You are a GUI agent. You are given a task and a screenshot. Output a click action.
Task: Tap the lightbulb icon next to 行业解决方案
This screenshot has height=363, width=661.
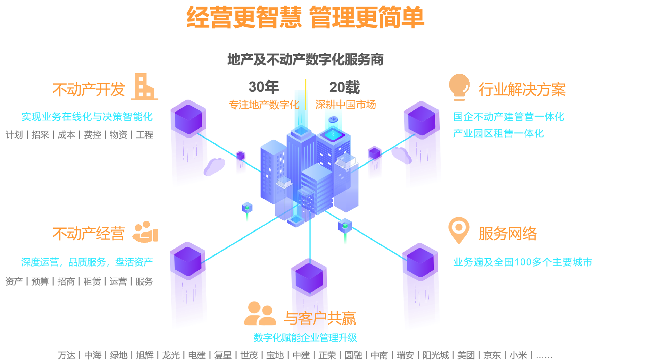click(459, 87)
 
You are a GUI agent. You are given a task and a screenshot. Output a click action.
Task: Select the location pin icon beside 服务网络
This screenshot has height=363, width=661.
click(459, 230)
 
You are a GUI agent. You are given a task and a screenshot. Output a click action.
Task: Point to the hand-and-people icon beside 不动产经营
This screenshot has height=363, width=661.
click(146, 231)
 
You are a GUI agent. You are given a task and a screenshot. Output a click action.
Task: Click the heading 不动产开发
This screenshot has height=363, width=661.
click(89, 90)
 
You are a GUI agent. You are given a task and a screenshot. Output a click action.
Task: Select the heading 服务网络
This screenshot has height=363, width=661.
click(507, 234)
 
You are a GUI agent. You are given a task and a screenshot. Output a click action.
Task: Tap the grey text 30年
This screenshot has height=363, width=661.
click(264, 87)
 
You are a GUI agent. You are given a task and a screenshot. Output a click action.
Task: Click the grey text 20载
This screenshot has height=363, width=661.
click(344, 87)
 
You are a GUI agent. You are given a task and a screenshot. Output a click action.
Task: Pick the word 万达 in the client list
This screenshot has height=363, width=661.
click(66, 355)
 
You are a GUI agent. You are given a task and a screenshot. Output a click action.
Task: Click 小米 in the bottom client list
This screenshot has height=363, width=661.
click(518, 355)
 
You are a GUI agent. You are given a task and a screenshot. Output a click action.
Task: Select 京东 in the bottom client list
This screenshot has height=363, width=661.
click(492, 355)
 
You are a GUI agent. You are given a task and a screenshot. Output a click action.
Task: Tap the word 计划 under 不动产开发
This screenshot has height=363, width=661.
click(14, 135)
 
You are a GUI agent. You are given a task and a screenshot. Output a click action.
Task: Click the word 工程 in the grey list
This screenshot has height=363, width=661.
click(144, 135)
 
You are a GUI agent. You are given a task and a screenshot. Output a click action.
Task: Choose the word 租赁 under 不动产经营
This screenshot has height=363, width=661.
click(92, 281)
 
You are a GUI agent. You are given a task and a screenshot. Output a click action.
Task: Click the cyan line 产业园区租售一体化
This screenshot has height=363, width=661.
click(498, 133)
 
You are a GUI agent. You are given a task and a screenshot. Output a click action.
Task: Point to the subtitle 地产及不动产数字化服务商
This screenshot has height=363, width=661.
click(305, 59)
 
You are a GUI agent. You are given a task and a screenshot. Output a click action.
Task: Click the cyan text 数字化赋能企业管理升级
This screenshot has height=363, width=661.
click(305, 337)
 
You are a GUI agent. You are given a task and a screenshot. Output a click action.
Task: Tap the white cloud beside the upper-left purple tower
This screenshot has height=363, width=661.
click(214, 166)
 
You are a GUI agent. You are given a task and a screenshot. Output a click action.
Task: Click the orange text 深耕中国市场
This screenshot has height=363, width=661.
click(345, 104)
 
